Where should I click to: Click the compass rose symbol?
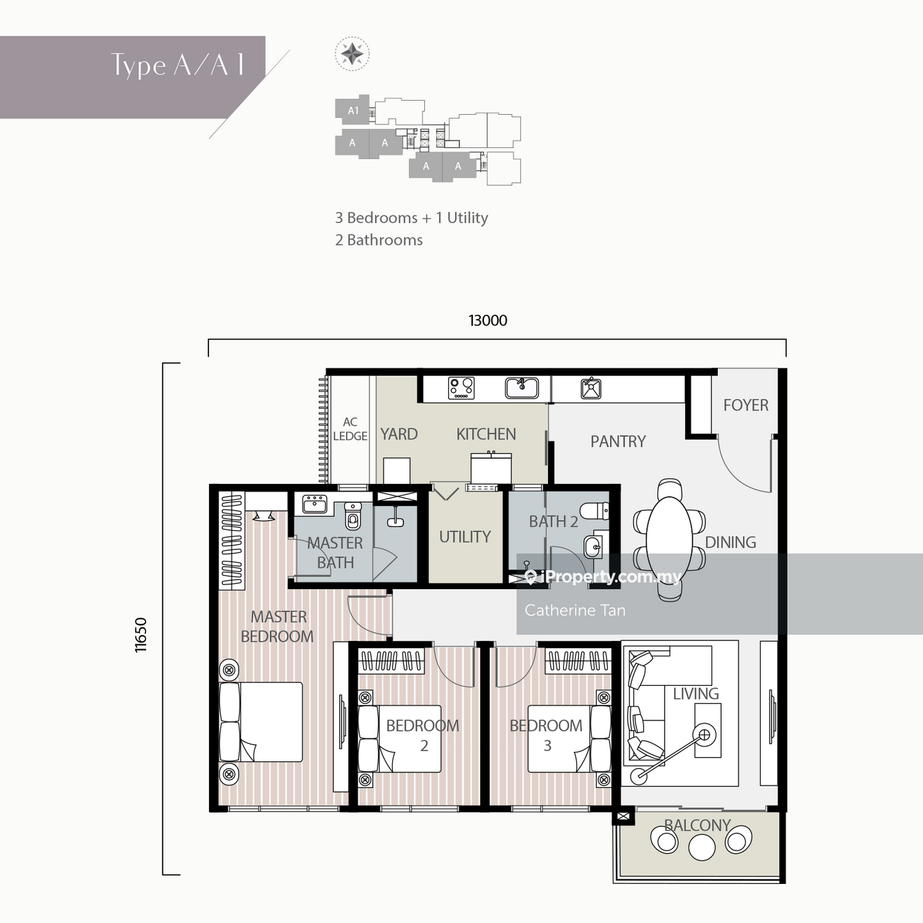pyautogui.click(x=352, y=54)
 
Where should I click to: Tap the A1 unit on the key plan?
pyautogui.click(x=353, y=110)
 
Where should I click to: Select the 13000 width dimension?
pyautogui.click(x=488, y=320)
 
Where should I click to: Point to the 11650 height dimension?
pyautogui.click(x=141, y=635)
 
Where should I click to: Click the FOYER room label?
pyautogui.click(x=745, y=405)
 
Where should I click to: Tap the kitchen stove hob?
pyautogui.click(x=462, y=388)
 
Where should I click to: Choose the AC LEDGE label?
pyautogui.click(x=350, y=429)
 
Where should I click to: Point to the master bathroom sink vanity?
pyautogui.click(x=315, y=504)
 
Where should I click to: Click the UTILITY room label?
pyautogui.click(x=465, y=537)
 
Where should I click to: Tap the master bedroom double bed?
pyautogui.click(x=261, y=722)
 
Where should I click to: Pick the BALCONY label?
pyautogui.click(x=697, y=825)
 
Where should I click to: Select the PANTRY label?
pyautogui.click(x=618, y=441)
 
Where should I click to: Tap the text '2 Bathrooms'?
pyautogui.click(x=379, y=240)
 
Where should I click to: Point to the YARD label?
pyautogui.click(x=399, y=434)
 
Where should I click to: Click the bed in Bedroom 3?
pyautogui.click(x=569, y=738)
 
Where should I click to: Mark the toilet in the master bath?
pyautogui.click(x=353, y=515)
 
